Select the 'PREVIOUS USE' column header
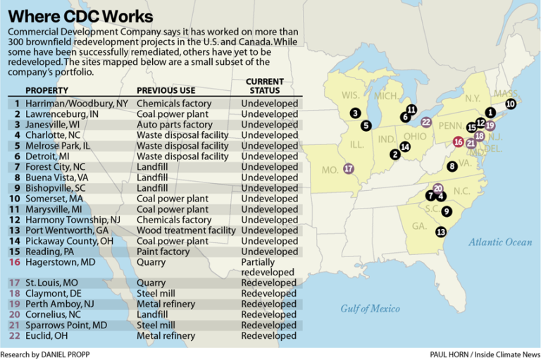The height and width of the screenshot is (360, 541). [166, 91]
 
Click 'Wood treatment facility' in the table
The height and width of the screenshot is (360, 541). [186, 230]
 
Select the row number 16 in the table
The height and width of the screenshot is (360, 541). [15, 262]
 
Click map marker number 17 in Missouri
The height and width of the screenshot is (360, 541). [348, 169]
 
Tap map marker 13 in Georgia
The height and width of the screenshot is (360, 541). [441, 232]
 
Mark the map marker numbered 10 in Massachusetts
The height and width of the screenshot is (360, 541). [511, 104]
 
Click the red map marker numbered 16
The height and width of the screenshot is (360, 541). [459, 142]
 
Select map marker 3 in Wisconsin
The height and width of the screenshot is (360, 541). [355, 113]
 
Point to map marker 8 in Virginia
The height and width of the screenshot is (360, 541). [452, 166]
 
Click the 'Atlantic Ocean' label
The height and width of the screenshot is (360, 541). [500, 242]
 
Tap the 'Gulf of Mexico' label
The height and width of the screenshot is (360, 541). [370, 309]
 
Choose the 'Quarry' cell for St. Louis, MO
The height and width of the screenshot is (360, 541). [151, 283]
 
